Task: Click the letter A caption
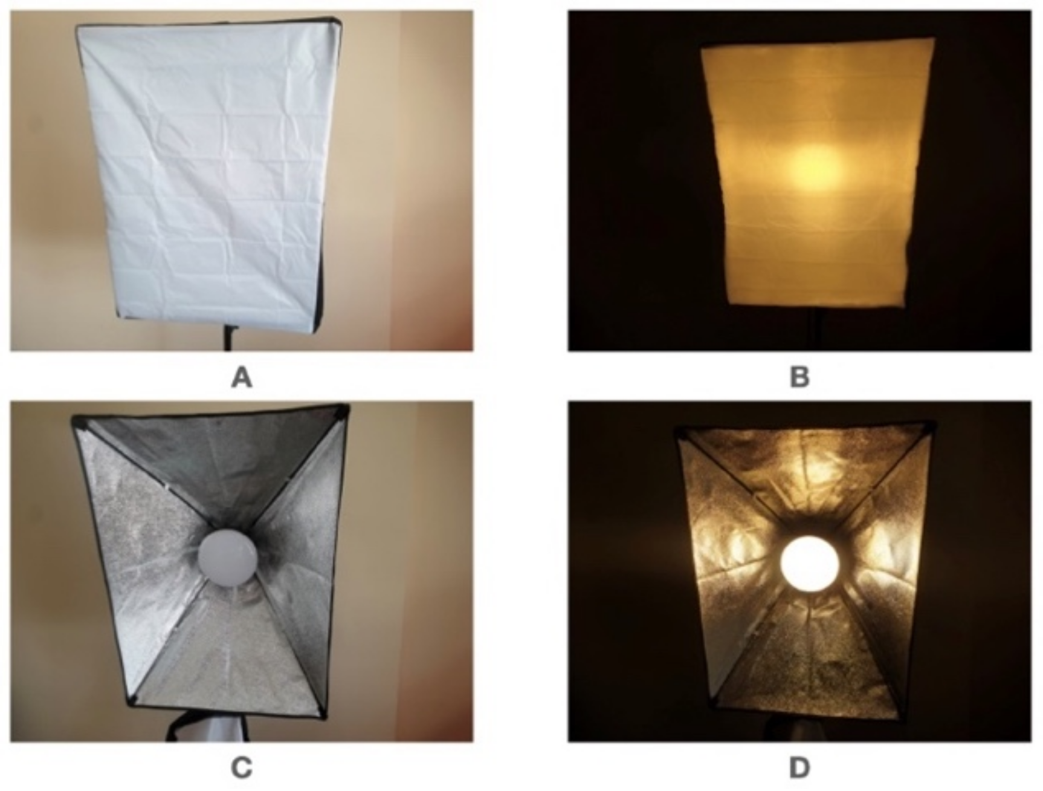coord(242,378)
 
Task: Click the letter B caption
coord(799,378)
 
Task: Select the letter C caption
coord(242,769)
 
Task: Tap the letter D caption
coord(799,769)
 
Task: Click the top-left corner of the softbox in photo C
coord(74,418)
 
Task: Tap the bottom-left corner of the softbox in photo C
coord(129,703)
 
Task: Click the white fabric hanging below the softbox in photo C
coord(207,728)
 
